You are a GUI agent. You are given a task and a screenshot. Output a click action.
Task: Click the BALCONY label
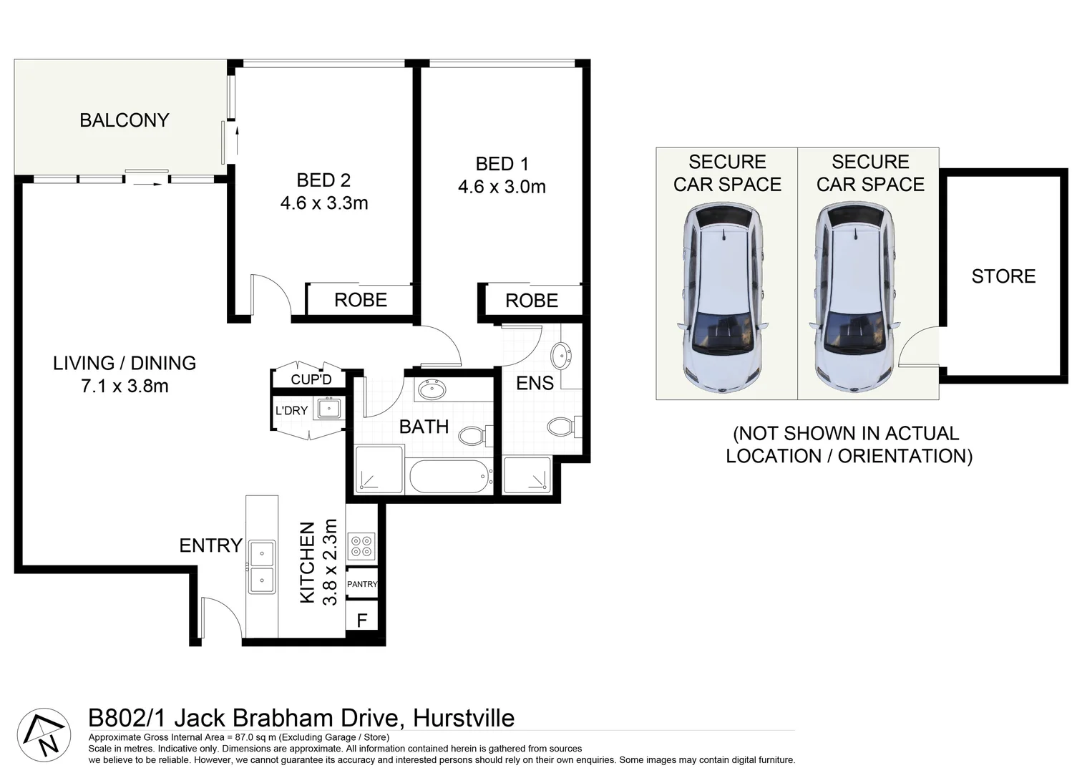[124, 120]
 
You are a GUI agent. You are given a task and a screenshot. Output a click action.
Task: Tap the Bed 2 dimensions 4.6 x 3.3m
[324, 203]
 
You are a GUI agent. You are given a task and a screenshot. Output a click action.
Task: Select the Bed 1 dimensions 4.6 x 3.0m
[502, 187]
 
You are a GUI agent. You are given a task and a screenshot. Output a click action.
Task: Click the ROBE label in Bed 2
[361, 300]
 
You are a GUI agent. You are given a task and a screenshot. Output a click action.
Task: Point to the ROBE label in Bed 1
[532, 301]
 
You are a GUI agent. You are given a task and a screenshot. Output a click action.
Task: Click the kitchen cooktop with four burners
[361, 547]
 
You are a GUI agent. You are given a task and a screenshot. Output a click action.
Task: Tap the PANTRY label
[362, 584]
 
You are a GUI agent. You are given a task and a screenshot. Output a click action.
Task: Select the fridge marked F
[362, 620]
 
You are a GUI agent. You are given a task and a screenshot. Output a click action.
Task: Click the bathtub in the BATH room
[449, 476]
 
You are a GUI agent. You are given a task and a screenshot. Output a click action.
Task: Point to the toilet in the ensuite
[562, 428]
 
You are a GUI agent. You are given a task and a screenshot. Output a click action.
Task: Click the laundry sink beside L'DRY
[329, 409]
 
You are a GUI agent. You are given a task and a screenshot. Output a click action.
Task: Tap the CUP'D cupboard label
[311, 379]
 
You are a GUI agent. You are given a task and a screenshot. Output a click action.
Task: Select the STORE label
[1003, 276]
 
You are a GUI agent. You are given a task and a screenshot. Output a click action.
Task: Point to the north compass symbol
[44, 735]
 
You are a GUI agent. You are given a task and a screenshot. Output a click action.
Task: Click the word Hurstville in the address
[464, 717]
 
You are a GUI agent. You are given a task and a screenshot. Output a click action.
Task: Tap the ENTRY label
[210, 545]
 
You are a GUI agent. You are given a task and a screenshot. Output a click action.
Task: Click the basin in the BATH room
[432, 390]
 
